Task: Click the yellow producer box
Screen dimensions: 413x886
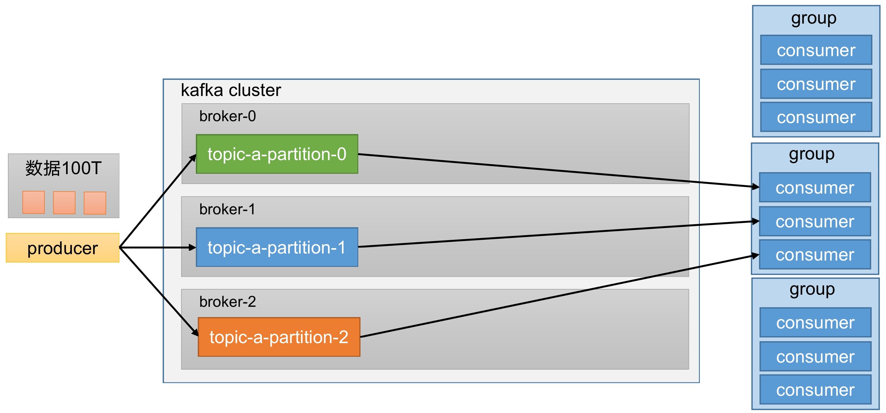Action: point(63,248)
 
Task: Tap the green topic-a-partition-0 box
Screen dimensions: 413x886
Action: point(277,154)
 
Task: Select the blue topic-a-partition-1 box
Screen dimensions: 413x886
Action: point(277,247)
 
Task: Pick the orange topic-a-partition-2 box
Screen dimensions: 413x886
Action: point(279,337)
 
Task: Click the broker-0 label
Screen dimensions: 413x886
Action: point(227,116)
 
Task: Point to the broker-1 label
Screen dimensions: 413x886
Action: point(227,209)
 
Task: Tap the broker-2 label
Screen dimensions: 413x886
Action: point(227,302)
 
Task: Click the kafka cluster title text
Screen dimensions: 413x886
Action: point(231,90)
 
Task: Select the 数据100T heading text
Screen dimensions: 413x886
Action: point(63,168)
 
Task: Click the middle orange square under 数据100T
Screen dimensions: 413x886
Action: point(64,203)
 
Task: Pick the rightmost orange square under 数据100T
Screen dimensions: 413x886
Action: point(95,203)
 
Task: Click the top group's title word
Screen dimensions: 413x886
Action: point(814,18)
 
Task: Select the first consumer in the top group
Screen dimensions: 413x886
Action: point(816,50)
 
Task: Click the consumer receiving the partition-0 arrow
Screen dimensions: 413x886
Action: point(815,188)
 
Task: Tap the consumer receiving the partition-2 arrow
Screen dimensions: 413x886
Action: point(815,254)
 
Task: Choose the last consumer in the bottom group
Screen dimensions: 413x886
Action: point(815,390)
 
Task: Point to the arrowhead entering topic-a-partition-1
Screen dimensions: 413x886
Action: point(192,247)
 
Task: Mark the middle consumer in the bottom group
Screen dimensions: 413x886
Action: point(815,357)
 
